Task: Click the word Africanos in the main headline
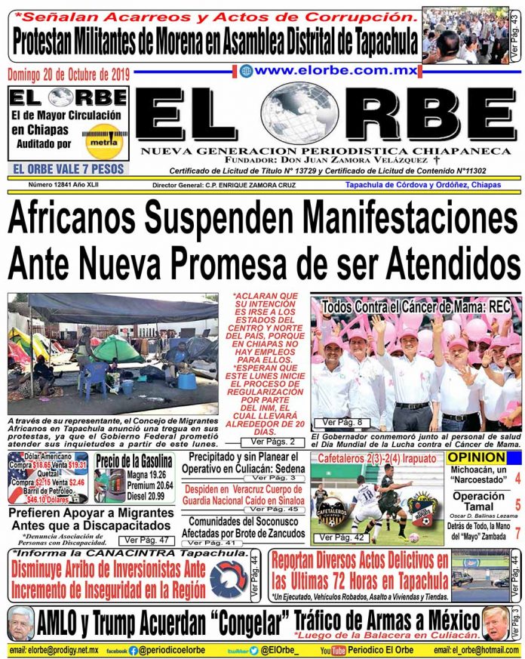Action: [x=72, y=220]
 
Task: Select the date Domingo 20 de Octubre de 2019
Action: [x=69, y=74]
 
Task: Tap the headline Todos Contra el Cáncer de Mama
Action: [x=416, y=307]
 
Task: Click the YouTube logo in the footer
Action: [x=332, y=650]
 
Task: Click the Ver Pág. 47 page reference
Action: [x=141, y=540]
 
